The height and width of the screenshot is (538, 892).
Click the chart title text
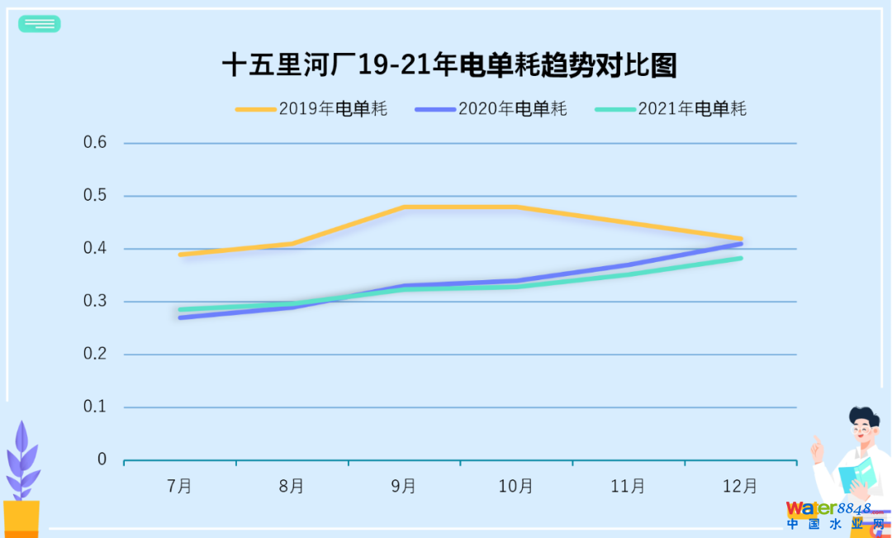click(x=449, y=65)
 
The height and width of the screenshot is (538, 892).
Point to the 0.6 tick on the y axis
click(x=96, y=143)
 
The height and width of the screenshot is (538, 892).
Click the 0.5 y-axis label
click(x=96, y=196)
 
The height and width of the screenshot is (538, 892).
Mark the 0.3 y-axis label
click(x=96, y=302)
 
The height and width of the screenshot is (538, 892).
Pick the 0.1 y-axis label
click(x=96, y=407)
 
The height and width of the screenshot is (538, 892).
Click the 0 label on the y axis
click(x=102, y=459)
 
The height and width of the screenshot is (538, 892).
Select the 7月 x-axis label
click(x=179, y=486)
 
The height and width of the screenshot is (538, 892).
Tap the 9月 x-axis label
click(x=404, y=486)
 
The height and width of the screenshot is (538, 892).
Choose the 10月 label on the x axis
click(x=515, y=486)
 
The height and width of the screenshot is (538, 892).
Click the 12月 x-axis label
click(x=740, y=486)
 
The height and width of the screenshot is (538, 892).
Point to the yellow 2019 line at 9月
click(x=404, y=207)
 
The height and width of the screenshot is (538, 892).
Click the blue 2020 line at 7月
click(x=180, y=317)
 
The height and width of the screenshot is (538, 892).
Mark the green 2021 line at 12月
click(x=741, y=259)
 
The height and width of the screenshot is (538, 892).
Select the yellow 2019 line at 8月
click(x=292, y=244)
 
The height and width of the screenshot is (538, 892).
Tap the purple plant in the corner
click(x=22, y=463)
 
